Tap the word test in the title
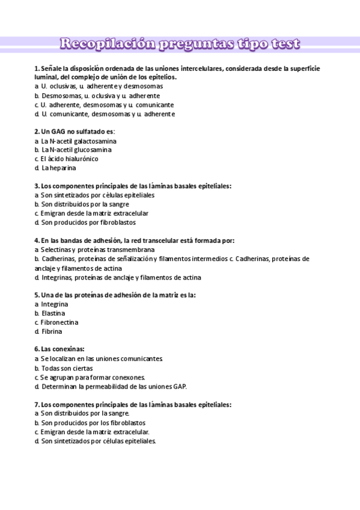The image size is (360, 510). click(x=281, y=44)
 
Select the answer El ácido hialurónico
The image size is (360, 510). click(x=66, y=159)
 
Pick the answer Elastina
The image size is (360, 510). click(x=53, y=313)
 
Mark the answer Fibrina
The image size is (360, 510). click(x=51, y=331)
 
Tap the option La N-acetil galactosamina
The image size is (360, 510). click(x=79, y=141)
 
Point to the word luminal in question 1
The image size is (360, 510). click(x=46, y=77)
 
